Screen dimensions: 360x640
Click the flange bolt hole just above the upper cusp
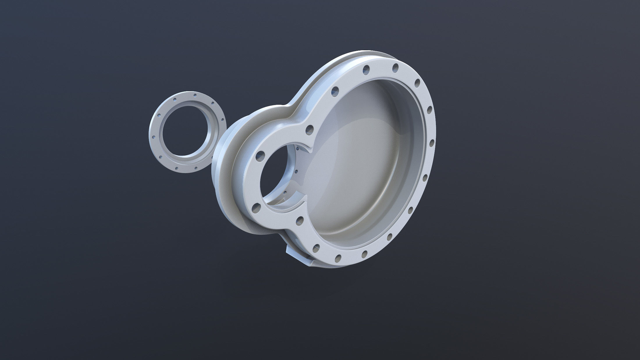click(310, 129)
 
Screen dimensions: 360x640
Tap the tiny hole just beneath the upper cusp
click(297, 148)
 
